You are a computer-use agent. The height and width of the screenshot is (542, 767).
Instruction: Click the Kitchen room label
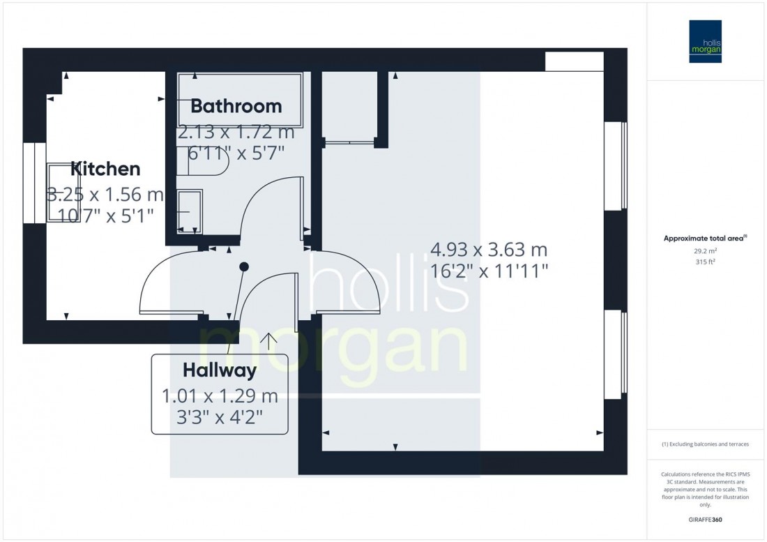click(x=105, y=169)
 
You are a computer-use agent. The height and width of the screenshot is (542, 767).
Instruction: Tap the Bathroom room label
click(x=236, y=106)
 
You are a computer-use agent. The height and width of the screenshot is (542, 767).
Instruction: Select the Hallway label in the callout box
click(x=220, y=370)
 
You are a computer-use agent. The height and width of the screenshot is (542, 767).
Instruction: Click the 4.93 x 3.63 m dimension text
click(x=489, y=249)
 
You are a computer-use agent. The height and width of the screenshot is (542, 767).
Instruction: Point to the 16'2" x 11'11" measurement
click(x=489, y=271)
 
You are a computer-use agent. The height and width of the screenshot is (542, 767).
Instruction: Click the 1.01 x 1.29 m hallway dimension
click(x=220, y=396)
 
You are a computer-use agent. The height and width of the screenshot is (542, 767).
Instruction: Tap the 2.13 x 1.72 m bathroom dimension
click(x=236, y=132)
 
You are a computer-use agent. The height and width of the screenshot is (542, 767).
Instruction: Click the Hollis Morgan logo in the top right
click(x=705, y=41)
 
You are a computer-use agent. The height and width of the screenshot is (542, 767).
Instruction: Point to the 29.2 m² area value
click(x=705, y=250)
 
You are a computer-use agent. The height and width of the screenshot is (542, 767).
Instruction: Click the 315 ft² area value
click(x=705, y=262)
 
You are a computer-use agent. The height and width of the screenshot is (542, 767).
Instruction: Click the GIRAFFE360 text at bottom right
click(x=705, y=520)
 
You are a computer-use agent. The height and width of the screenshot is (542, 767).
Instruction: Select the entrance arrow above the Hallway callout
click(x=268, y=340)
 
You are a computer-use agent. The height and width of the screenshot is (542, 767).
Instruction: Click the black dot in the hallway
click(x=244, y=266)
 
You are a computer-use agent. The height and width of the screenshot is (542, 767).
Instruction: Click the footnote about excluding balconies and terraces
click(x=705, y=444)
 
